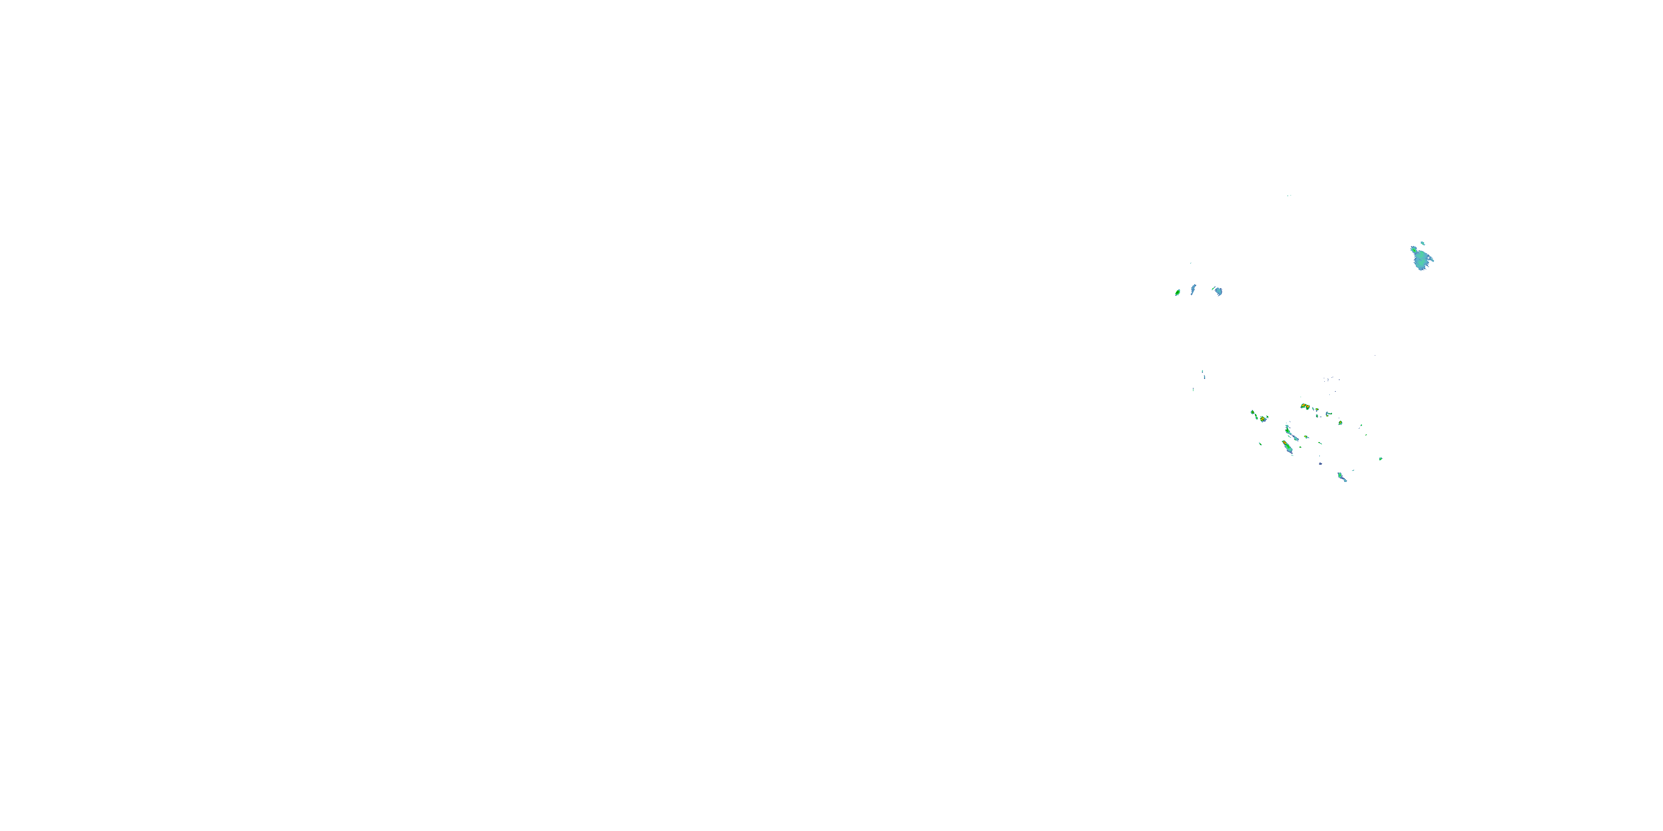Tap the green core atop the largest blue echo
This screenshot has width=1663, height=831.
1414,249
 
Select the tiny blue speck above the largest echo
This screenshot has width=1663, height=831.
1422,243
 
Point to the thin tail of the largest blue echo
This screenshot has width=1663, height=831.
1431,260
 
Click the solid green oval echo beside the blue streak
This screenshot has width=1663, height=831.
1177,293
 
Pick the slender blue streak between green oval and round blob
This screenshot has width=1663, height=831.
1193,289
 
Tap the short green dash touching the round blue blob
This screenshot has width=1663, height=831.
1213,289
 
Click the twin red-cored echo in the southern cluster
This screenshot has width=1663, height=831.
1305,407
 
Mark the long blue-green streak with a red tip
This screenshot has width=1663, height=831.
1287,447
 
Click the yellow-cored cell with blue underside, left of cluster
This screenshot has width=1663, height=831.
1263,419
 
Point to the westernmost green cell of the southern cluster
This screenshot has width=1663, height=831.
1253,412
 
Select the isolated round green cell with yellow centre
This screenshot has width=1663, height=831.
1340,423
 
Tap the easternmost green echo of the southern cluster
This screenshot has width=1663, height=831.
1380,459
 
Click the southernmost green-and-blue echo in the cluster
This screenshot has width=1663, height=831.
1342,478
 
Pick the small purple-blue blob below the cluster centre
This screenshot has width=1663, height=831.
1320,463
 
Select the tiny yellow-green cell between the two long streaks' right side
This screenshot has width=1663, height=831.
1306,437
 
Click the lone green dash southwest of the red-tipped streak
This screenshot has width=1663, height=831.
1260,443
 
